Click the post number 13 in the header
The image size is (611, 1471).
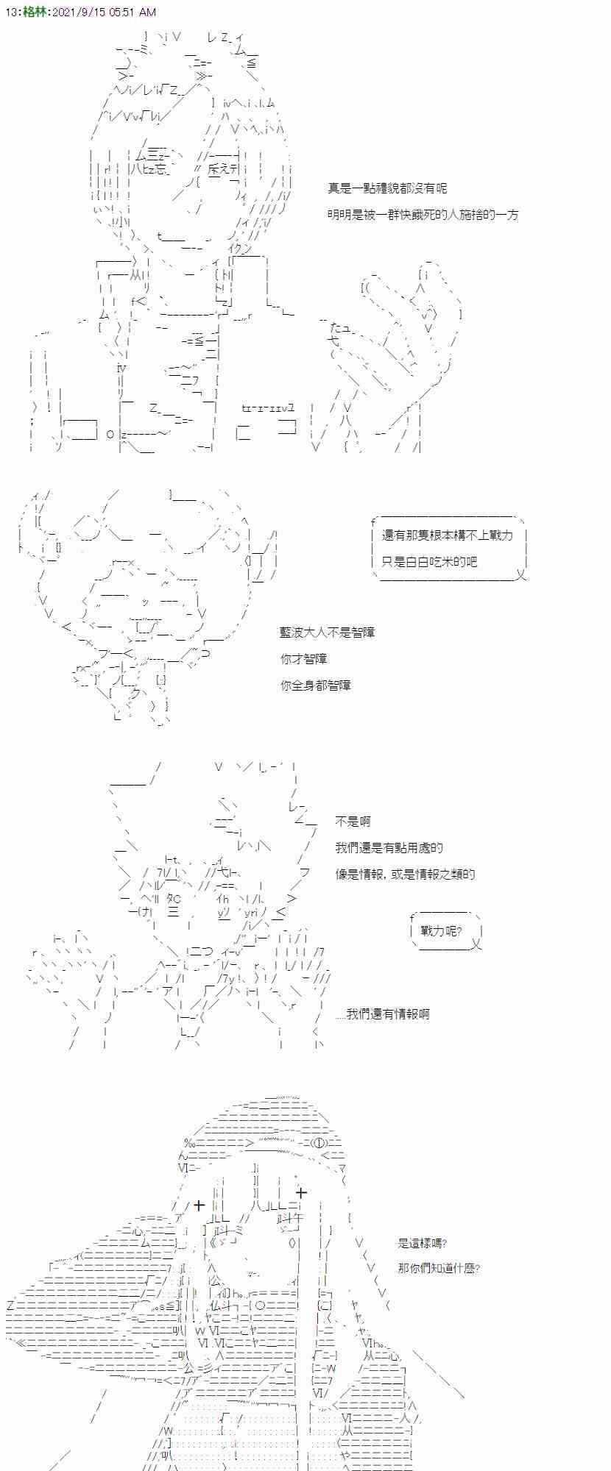(x=8, y=13)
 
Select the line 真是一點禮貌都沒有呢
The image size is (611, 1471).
(x=387, y=188)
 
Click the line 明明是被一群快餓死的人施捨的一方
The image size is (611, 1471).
(x=423, y=215)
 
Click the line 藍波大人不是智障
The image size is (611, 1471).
(x=328, y=633)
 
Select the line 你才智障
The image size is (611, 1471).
(x=304, y=659)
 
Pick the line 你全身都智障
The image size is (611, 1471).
(x=316, y=685)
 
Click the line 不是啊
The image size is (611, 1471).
(x=353, y=822)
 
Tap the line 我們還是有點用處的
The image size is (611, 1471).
(x=389, y=848)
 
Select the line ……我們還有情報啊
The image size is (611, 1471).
(x=382, y=1014)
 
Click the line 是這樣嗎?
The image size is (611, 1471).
(x=423, y=1243)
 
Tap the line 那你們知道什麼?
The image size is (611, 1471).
(x=439, y=1269)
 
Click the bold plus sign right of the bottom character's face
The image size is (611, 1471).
(x=300, y=1192)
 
